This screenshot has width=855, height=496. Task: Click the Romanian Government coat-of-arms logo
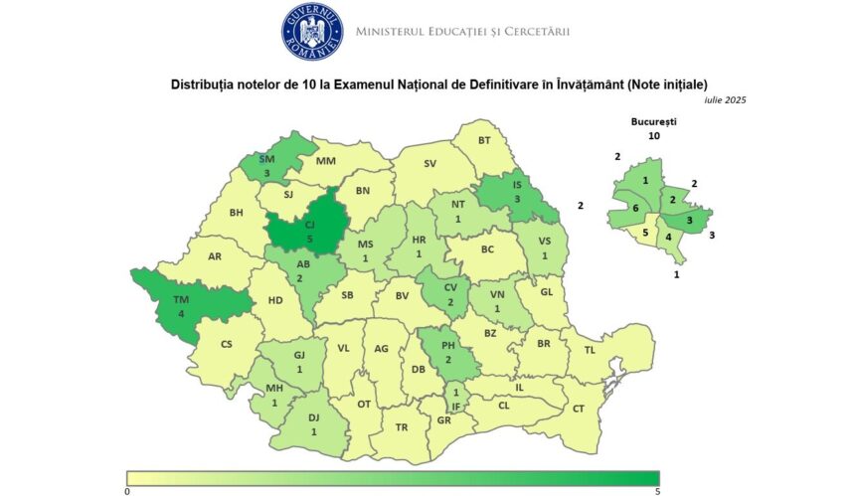point(312,31)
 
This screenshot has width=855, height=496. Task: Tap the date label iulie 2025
point(724,99)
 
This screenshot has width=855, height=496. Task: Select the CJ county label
point(309,226)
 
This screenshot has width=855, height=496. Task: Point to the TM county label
point(182,300)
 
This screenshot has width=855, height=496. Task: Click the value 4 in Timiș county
point(181,315)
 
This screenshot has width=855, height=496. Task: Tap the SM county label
point(266,159)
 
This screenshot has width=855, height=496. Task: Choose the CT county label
point(579,409)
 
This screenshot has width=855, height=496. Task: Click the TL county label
point(589,350)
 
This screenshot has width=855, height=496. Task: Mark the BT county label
point(484,141)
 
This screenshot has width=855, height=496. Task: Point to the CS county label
point(227,344)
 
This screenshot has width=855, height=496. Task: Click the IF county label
point(456,406)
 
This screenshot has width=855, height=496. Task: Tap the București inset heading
point(653,120)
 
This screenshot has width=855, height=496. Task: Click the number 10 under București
point(653,135)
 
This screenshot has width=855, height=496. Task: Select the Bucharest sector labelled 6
point(635,209)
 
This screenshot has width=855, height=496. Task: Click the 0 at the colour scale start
point(127,491)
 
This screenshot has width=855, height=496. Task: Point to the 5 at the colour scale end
point(657,491)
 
